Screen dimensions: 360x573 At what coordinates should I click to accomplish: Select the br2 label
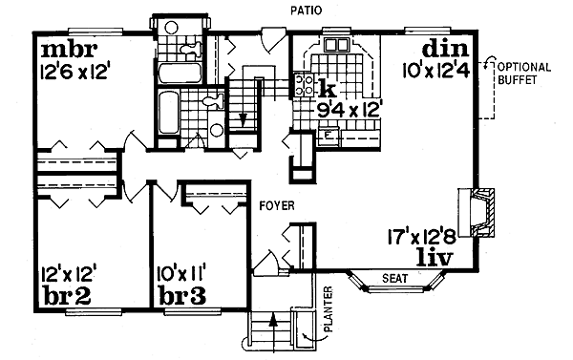click(x=64, y=295)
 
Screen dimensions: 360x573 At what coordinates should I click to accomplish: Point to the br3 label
click(x=183, y=295)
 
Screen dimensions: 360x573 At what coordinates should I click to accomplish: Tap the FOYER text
click(x=275, y=206)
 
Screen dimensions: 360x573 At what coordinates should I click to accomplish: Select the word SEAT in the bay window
click(x=394, y=279)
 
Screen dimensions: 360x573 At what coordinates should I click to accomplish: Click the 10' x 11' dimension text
click(x=184, y=274)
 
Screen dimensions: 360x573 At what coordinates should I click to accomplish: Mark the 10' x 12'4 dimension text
click(x=440, y=70)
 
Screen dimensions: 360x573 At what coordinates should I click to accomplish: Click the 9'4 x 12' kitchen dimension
click(x=350, y=110)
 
